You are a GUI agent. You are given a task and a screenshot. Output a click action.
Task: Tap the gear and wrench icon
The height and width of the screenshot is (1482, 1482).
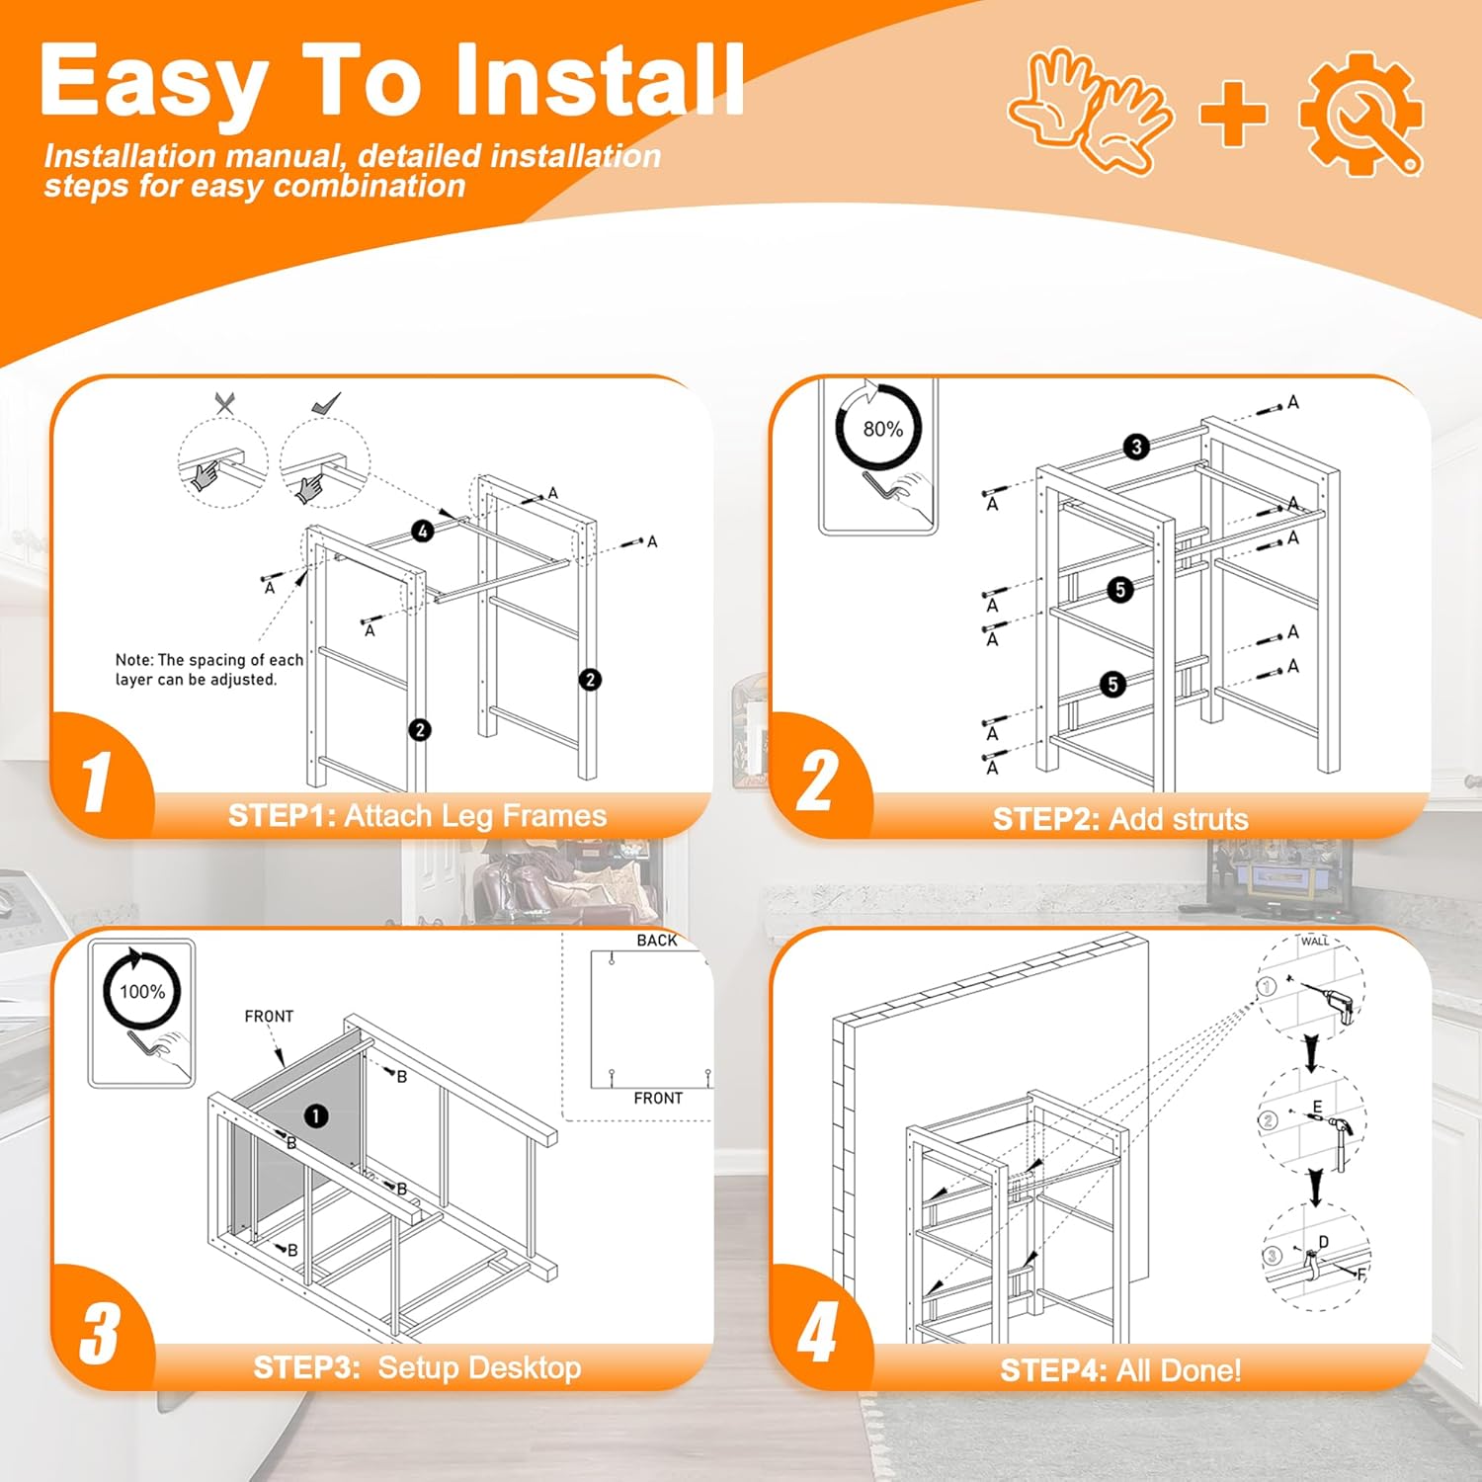click(x=1362, y=114)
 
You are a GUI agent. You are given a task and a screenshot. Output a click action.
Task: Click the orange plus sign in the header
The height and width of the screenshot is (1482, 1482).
click(x=1234, y=113)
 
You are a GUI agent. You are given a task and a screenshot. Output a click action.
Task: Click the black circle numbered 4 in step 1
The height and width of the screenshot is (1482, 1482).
click(x=423, y=532)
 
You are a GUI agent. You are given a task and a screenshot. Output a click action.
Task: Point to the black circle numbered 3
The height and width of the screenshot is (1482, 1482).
click(x=1136, y=447)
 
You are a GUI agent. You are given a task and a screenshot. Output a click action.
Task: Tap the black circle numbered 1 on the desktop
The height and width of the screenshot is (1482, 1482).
click(x=315, y=1116)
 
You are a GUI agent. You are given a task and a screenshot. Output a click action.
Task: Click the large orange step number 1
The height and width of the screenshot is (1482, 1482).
click(x=96, y=782)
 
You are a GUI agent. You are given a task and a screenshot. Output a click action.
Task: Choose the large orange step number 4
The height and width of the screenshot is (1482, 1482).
click(x=817, y=1333)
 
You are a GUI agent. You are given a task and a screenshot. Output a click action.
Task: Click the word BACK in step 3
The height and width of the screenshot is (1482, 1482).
click(x=657, y=941)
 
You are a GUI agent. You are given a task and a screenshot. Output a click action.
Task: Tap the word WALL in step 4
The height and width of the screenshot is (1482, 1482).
click(x=1315, y=942)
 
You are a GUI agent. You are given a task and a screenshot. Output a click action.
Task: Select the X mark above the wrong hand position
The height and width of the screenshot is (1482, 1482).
click(x=225, y=403)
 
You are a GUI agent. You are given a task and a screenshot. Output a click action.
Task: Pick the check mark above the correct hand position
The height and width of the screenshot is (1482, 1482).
click(x=326, y=403)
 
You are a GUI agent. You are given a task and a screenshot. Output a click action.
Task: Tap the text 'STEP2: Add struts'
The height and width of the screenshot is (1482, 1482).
click(x=1120, y=819)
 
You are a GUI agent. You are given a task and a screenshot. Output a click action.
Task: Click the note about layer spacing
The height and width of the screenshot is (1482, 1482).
click(x=209, y=670)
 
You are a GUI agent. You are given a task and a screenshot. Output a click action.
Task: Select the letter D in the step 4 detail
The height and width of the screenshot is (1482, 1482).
click(x=1324, y=1242)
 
